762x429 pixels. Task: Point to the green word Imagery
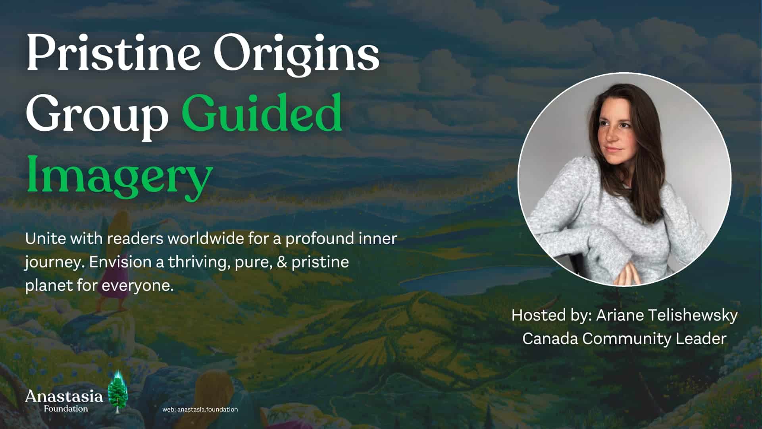(119, 175)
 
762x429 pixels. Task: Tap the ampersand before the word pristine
(282, 262)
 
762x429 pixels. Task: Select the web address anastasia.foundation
(208, 409)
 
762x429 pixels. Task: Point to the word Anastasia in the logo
(64, 396)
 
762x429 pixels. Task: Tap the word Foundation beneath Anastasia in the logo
(66, 408)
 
